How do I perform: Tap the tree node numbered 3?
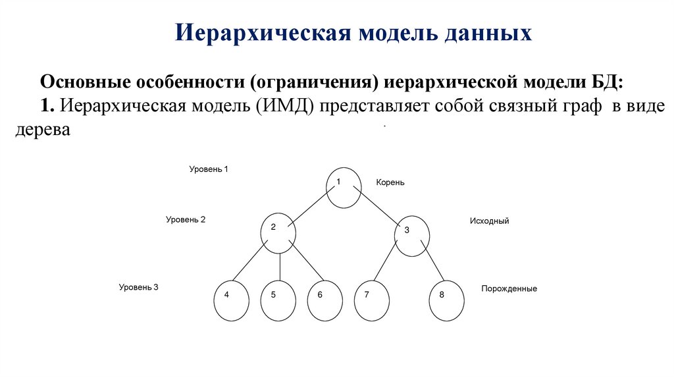click(412, 235)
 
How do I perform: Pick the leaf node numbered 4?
click(232, 300)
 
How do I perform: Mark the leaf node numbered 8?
click(447, 300)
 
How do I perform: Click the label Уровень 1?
click(209, 169)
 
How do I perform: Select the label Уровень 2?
click(186, 220)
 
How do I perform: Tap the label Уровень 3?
click(139, 287)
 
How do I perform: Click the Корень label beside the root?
click(390, 182)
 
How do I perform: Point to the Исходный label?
click(489, 221)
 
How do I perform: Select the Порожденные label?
click(509, 288)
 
